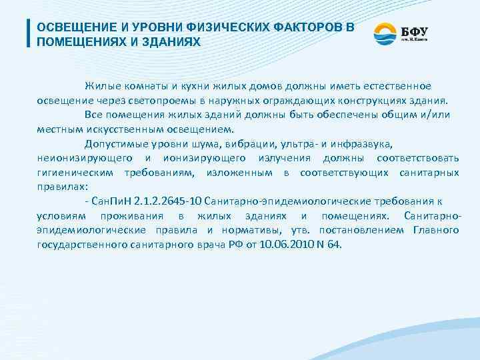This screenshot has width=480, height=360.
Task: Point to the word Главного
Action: (x=435, y=229)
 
